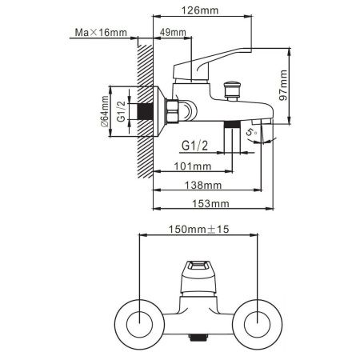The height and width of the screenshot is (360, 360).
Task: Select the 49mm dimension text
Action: click(174, 32)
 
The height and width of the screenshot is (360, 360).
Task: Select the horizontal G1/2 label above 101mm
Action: click(195, 146)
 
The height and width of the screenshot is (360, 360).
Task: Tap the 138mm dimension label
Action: click(210, 185)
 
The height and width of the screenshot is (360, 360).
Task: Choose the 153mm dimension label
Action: click(215, 203)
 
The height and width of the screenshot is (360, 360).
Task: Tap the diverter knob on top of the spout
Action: click(234, 86)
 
